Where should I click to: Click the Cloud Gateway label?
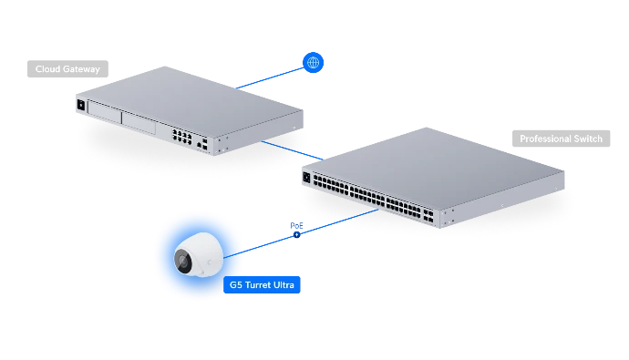(x=67, y=69)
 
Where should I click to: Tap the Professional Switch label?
(x=561, y=139)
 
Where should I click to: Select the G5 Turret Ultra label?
(x=262, y=284)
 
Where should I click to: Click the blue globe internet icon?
(x=313, y=63)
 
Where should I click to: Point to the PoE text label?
(x=296, y=226)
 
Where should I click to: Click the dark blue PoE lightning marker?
(x=297, y=234)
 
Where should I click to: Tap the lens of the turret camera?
(x=183, y=262)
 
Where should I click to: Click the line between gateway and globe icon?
(x=270, y=78)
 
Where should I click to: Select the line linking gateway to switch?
(x=292, y=150)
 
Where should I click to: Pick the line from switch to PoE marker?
(x=339, y=221)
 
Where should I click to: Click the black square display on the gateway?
(x=80, y=105)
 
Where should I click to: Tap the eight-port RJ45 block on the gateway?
(x=181, y=136)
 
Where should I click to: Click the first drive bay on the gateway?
(x=104, y=113)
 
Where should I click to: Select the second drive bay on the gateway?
(x=139, y=123)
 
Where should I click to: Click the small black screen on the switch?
(x=307, y=177)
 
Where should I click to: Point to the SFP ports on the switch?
(x=428, y=215)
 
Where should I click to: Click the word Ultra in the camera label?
(x=284, y=284)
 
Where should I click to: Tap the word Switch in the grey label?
(x=588, y=139)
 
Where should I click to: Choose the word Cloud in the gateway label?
(x=47, y=69)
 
